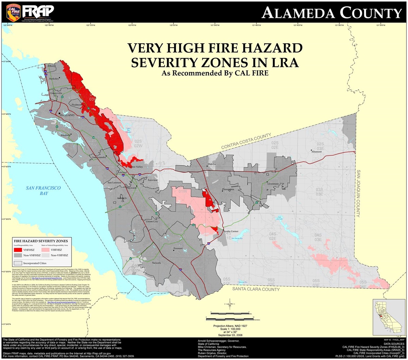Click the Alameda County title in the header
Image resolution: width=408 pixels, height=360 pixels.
(331, 13)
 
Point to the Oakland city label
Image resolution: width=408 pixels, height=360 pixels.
(67, 116)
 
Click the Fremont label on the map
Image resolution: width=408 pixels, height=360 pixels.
(178, 249)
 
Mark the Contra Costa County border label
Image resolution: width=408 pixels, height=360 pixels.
(247, 142)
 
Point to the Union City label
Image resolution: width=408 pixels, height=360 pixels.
(152, 222)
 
